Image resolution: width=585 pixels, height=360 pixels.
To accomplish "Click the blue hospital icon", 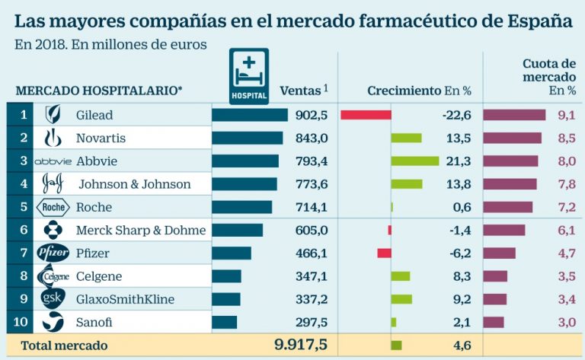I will coord(249,75).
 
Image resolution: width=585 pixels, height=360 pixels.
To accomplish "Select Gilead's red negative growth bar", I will coord(366,115).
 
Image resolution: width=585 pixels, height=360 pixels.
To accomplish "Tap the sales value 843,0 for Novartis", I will coord(312,139).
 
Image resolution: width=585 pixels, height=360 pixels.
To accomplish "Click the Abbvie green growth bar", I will coord(414,161).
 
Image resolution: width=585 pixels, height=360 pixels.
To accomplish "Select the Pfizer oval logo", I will coord(53,253).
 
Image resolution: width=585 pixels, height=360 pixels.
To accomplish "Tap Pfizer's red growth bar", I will coord(384,253).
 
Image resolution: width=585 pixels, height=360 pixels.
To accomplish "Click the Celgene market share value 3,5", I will coord(566,276).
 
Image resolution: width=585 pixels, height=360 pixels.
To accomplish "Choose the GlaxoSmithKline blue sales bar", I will coord(225,299).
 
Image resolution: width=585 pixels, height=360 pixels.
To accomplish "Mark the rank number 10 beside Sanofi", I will coord(21,322).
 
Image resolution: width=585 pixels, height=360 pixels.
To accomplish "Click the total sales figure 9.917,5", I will coord(301,345).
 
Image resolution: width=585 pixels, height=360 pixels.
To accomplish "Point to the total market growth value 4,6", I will coord(461,346).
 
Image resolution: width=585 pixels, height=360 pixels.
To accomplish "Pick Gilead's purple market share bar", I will coord(514,115).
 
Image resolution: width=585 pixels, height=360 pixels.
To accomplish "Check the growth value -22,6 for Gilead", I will coord(456,116).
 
